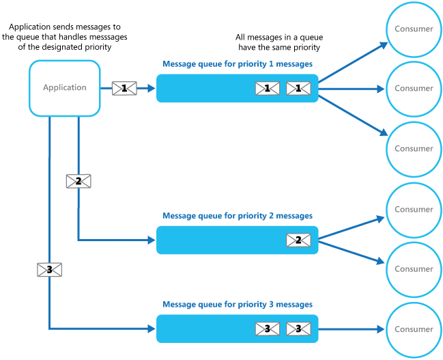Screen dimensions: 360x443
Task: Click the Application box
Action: tap(65, 87)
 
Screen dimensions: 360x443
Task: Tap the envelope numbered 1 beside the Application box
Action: tap(124, 88)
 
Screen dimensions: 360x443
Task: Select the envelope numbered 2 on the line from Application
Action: tap(78, 181)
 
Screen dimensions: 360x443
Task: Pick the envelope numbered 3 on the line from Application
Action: tap(49, 270)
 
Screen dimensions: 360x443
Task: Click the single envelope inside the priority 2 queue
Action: tap(298, 240)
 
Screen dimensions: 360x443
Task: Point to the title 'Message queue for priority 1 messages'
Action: tap(238, 64)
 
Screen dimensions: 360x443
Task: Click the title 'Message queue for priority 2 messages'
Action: tap(238, 216)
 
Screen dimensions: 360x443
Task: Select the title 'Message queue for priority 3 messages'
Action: tap(238, 304)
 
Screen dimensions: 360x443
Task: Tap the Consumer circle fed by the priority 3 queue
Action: tap(414, 329)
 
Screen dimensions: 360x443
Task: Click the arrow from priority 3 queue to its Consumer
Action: tap(352, 329)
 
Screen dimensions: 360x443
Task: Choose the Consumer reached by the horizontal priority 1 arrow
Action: tap(414, 88)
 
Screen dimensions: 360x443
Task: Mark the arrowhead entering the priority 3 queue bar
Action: tap(151, 329)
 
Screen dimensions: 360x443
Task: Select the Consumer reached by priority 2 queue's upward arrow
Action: tap(414, 210)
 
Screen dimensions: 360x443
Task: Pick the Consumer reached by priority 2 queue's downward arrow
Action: tap(414, 269)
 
